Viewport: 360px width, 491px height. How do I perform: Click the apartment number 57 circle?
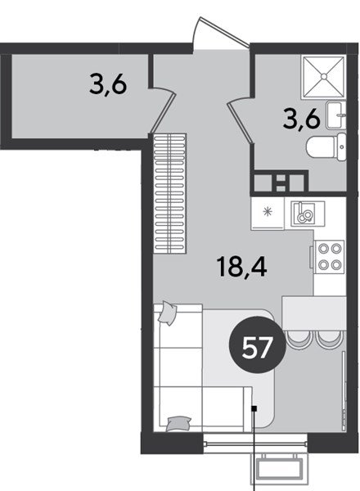(x=258, y=347)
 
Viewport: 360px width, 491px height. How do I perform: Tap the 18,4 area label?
(x=243, y=266)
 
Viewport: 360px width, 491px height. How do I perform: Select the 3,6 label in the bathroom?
(x=301, y=120)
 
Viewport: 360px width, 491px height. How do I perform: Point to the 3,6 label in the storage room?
(x=108, y=85)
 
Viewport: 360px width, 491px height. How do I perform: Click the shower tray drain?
(x=324, y=76)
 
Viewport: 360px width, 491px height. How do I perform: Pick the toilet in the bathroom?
(x=326, y=147)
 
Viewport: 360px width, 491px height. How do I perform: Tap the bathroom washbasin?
(x=336, y=115)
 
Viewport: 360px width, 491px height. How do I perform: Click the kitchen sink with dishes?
(x=308, y=214)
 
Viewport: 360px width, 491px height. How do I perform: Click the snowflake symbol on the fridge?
(x=268, y=212)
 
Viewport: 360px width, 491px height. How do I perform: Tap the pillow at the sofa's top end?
(x=168, y=313)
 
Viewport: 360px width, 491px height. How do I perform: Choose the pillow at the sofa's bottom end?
(x=178, y=423)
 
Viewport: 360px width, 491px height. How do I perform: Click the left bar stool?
(x=298, y=339)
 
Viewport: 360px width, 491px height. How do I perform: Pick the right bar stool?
(x=330, y=339)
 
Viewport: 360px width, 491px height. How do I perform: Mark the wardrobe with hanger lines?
(x=170, y=193)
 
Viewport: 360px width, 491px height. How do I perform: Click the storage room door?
(x=162, y=110)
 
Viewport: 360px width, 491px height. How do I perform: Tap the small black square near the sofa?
(x=254, y=408)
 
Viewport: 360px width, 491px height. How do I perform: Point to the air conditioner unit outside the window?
(x=279, y=468)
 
